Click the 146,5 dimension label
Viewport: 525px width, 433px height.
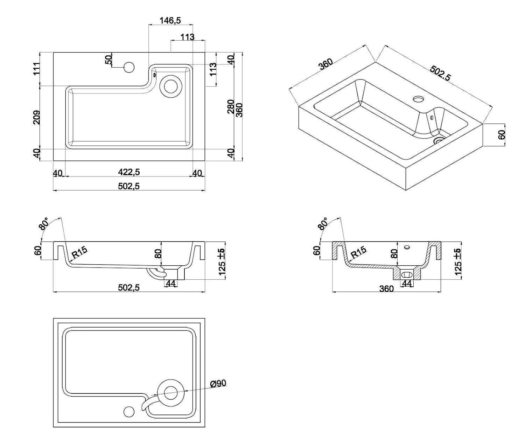pos(170,21)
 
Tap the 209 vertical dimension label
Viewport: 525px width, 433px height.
pos(37,118)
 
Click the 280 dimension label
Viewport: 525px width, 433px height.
pos(231,107)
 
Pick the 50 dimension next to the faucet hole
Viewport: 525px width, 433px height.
pos(108,60)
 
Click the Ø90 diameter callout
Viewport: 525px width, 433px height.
pos(218,384)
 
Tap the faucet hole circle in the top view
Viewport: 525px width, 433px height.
pos(129,67)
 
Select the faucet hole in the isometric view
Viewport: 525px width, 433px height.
pos(418,99)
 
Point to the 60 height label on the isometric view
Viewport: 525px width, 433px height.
pos(502,134)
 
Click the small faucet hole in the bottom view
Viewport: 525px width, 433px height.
pos(129,411)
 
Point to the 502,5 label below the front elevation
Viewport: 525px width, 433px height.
pos(129,288)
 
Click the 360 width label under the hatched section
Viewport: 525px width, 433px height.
pos(386,289)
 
